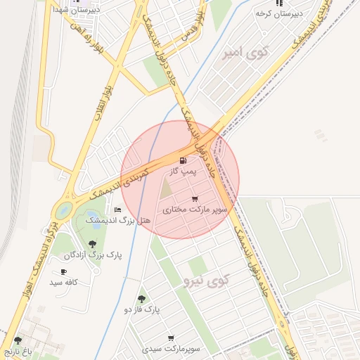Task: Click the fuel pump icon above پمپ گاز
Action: pos(184,161)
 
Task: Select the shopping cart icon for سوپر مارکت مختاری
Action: pos(194,199)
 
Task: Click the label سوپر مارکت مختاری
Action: pos(195,210)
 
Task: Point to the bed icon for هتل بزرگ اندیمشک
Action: pos(117,210)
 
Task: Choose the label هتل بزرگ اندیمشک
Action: pos(118,221)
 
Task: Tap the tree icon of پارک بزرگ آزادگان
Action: pos(93,243)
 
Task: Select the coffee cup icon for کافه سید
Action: pos(63,271)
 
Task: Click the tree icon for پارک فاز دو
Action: pos(142,299)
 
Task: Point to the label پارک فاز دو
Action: pos(142,309)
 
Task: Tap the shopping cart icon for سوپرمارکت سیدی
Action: pos(170,338)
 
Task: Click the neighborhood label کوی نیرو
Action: pos(206,281)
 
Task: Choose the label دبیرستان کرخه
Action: pos(278,13)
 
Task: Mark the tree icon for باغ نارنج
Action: pos(18,340)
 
